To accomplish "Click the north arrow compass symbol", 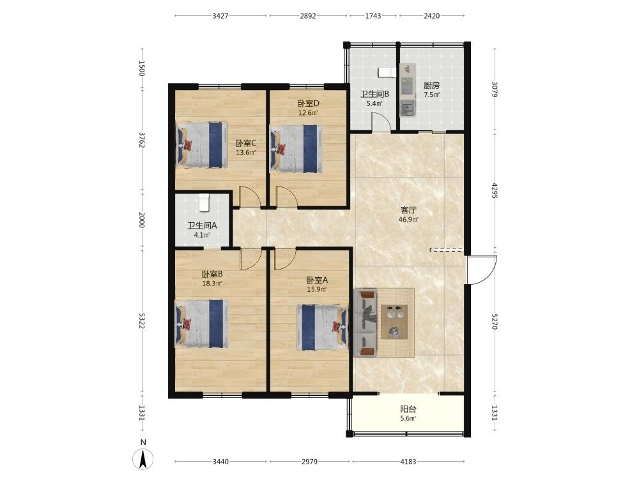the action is pos(143,459).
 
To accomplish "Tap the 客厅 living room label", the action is pos(408,210).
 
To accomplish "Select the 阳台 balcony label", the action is pos(408,409).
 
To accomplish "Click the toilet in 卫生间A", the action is pos(204,203).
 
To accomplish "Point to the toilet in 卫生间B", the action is pos(387,72).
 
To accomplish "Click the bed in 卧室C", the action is pos(202,144).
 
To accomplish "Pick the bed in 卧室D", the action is pos(296,148).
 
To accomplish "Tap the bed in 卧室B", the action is pos(202,324).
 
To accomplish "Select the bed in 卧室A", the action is pos(322,328).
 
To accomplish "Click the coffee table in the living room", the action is pos(394,321).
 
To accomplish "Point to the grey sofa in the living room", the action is pos(365,323).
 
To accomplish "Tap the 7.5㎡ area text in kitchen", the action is pos(431,95).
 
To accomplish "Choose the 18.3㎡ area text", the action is pos(212,284).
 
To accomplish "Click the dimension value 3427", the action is pos(220,16).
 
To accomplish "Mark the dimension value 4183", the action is pos(408,462).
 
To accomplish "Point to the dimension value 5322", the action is pos(141,321).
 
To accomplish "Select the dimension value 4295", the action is pos(495,191).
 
